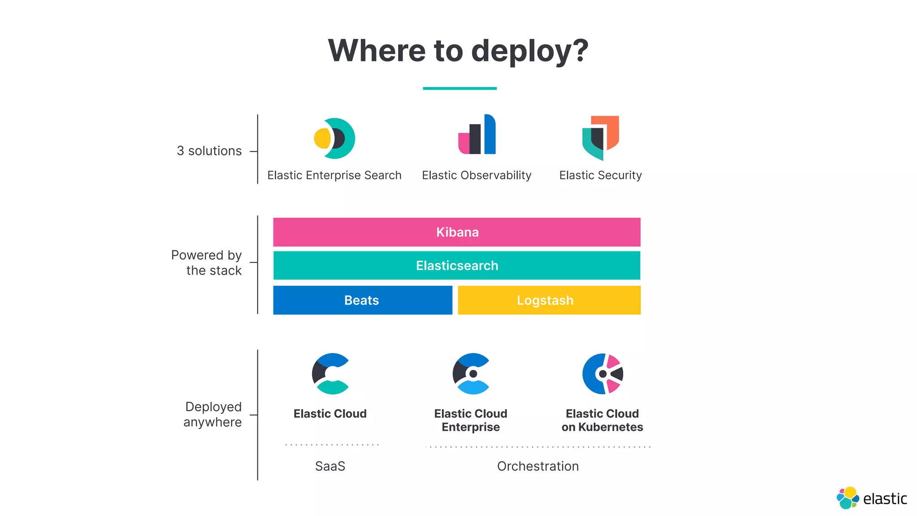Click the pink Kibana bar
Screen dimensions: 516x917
tap(457, 232)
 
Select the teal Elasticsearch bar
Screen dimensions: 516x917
tap(457, 266)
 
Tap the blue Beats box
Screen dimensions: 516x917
tap(362, 300)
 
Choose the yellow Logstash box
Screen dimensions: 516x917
tap(549, 300)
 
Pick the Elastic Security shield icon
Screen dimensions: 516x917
tap(600, 137)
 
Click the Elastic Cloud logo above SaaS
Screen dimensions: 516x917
tap(330, 374)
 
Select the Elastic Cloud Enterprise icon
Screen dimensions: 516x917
tap(471, 374)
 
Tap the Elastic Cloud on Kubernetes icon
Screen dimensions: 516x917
tap(603, 374)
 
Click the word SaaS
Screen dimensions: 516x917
tap(330, 466)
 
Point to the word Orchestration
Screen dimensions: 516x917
tap(538, 466)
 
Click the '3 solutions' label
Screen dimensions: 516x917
tap(209, 151)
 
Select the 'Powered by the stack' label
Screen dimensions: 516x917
tap(207, 263)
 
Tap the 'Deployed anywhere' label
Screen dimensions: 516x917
tap(213, 414)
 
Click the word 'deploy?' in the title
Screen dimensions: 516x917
tap(530, 51)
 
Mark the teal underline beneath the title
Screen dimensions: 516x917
tap(459, 88)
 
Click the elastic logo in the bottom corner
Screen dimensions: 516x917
tap(871, 498)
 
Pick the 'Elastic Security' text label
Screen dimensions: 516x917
tap(600, 175)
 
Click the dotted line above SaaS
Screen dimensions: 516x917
tap(332, 445)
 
